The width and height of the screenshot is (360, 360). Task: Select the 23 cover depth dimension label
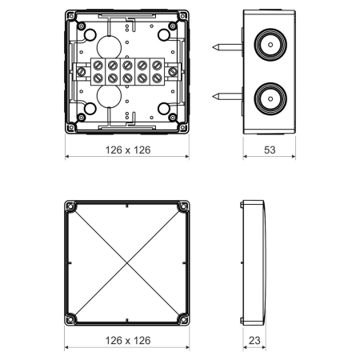tap(254, 341)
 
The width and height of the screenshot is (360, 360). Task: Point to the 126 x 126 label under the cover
tap(127, 341)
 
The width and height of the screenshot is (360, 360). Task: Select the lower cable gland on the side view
tap(270, 97)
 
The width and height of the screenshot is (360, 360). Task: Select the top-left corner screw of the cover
tap(70, 206)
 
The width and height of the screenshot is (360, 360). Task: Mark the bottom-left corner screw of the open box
tap(71, 128)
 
